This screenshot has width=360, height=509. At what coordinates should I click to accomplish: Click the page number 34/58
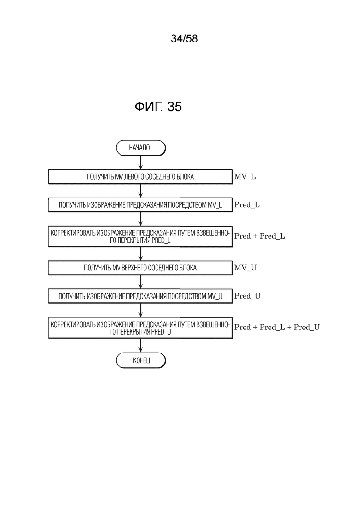pyautogui.click(x=184, y=39)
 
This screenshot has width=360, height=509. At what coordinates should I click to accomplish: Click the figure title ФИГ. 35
pyautogui.click(x=158, y=107)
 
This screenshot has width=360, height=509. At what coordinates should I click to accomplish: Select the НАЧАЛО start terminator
pyautogui.click(x=141, y=148)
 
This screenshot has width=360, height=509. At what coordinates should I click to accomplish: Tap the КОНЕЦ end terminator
pyautogui.click(x=141, y=360)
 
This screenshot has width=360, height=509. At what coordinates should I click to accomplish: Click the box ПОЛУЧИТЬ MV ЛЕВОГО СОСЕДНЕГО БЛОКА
pyautogui.click(x=140, y=177)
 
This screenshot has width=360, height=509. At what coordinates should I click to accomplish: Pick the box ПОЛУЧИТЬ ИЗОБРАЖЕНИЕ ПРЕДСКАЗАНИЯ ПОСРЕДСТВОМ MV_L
pyautogui.click(x=140, y=205)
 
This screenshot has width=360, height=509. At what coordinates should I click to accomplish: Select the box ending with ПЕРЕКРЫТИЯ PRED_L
pyautogui.click(x=140, y=236)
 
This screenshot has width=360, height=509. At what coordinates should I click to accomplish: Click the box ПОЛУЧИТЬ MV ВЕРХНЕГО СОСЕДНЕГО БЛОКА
pyautogui.click(x=140, y=268)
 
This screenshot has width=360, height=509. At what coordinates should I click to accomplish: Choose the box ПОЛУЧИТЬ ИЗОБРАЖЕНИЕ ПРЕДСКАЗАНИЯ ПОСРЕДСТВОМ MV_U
pyautogui.click(x=140, y=296)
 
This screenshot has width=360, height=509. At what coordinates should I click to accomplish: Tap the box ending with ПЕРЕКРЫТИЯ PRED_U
pyautogui.click(x=140, y=328)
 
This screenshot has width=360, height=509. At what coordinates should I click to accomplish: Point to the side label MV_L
pyautogui.click(x=245, y=177)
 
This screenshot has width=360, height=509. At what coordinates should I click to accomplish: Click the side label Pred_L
pyautogui.click(x=247, y=205)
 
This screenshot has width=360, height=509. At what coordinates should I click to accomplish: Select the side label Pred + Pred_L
pyautogui.click(x=260, y=236)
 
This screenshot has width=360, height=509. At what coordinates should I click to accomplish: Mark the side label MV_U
pyautogui.click(x=246, y=268)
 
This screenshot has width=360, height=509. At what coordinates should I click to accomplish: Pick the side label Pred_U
pyautogui.click(x=247, y=296)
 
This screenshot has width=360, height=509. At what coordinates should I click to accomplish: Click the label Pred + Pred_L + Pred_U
pyautogui.click(x=277, y=327)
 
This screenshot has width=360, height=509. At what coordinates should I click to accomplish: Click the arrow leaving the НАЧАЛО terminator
pyautogui.click(x=141, y=162)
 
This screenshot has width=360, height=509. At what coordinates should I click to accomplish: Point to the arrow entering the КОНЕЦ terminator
pyautogui.click(x=141, y=345)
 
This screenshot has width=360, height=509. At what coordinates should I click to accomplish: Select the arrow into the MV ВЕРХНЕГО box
pyautogui.click(x=141, y=254)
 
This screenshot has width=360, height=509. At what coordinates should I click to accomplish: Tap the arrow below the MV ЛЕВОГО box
pyautogui.click(x=141, y=191)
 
